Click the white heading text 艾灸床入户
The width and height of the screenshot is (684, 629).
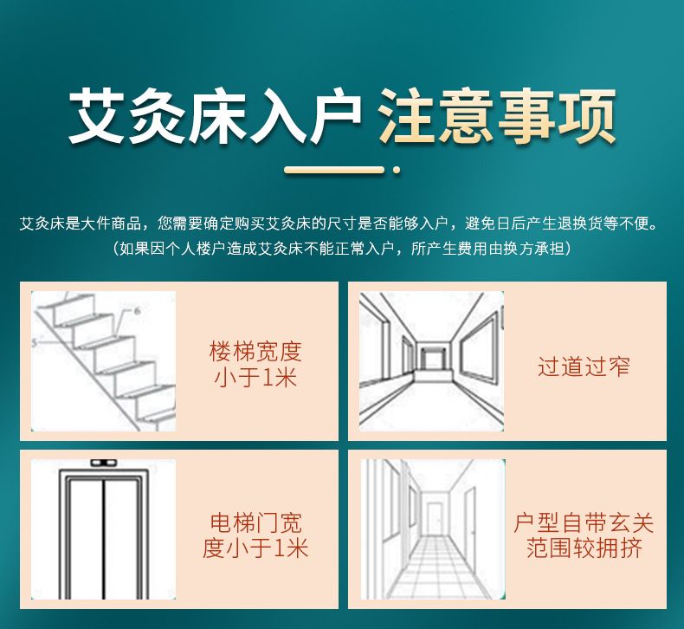pos(215,116)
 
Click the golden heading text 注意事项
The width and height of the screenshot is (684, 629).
pos(497,116)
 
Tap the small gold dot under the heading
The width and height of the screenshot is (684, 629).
pos(397,170)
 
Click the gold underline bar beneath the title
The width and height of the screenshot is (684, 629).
pos(334,170)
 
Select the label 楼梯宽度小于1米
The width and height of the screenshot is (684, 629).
pos(255,364)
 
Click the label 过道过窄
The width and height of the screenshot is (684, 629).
pos(584,366)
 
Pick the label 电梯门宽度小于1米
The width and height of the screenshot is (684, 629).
pos(255,535)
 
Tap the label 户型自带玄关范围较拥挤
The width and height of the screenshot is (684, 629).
pos(584,535)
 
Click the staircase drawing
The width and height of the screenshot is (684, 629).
pos(103,361)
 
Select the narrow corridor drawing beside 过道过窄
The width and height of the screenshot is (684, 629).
pos(431,361)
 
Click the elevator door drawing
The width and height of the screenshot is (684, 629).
pos(103,529)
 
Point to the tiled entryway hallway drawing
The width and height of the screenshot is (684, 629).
pos(433,529)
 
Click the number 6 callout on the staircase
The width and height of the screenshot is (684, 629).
pos(137,311)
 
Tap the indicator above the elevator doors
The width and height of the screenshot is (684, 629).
pos(103,463)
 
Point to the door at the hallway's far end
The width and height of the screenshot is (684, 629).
pos(434,518)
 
